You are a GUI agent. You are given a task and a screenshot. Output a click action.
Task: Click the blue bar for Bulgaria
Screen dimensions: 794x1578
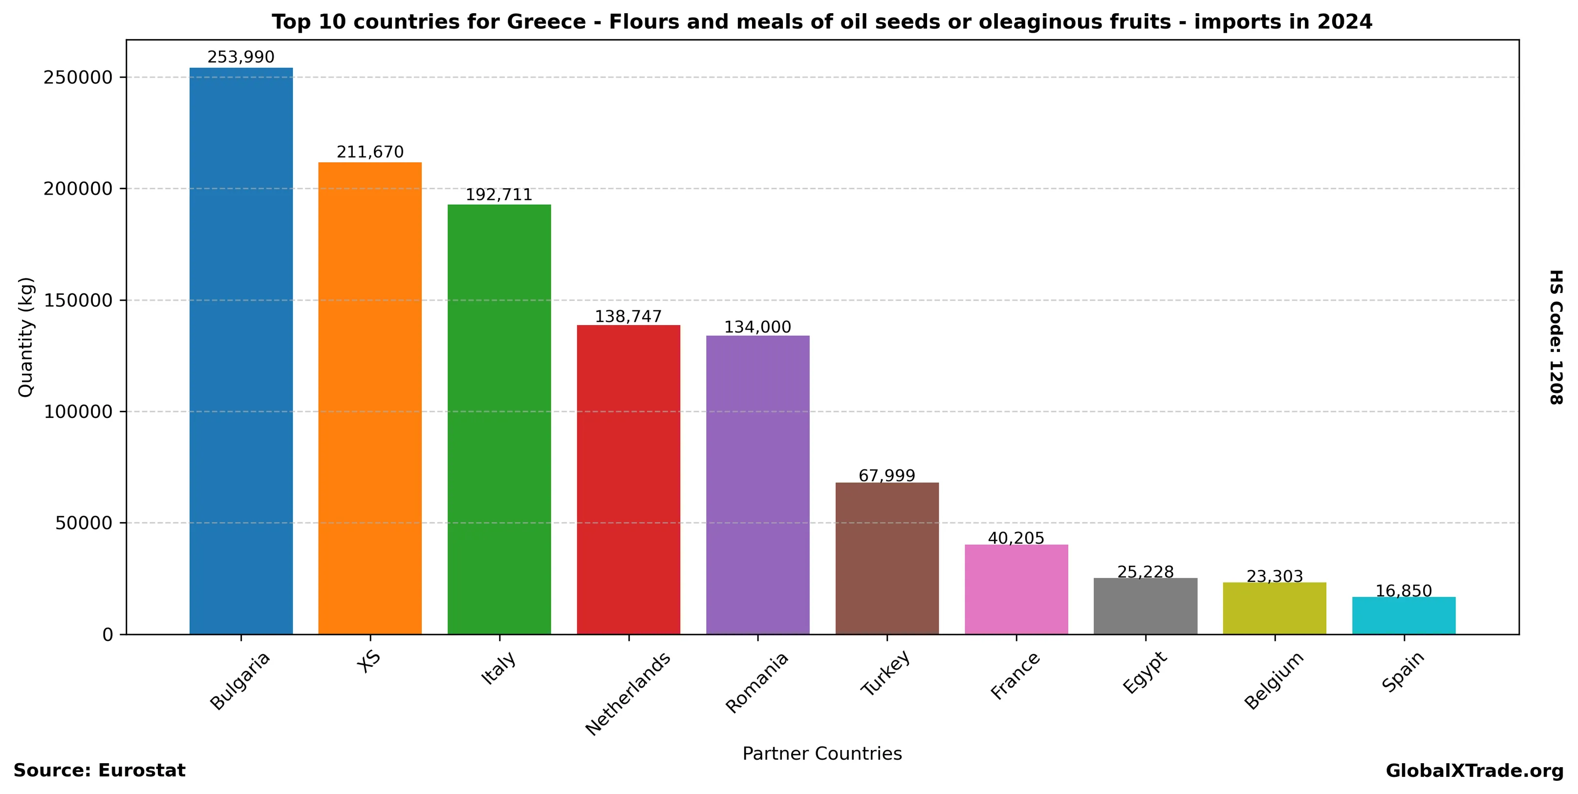coord(241,351)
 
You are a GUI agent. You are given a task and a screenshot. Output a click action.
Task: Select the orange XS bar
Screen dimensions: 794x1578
coord(370,398)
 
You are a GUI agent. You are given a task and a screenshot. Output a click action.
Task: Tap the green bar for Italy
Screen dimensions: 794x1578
coord(499,419)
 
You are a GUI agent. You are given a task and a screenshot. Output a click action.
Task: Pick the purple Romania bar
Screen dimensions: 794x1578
coord(758,485)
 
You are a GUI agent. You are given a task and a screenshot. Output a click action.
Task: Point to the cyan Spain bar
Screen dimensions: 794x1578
coord(1404,616)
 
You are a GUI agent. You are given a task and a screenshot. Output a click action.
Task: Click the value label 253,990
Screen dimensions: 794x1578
coord(241,58)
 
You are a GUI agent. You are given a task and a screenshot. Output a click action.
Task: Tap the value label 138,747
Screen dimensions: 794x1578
coord(628,317)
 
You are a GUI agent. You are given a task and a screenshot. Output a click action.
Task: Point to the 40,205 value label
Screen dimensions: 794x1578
coord(1016,538)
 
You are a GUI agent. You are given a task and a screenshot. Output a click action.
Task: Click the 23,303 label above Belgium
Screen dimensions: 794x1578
coord(1275,576)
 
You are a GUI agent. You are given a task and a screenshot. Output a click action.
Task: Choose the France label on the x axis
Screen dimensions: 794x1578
coord(1016,675)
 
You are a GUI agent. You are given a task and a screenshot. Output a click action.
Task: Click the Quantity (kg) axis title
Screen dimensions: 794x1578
coord(26,337)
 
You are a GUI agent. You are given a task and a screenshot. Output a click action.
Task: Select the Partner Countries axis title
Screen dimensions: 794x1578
coord(822,753)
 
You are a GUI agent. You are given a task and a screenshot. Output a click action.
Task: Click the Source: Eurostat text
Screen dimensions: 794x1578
coord(99,771)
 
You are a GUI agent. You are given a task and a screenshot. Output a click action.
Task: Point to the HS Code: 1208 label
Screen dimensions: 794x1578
coord(1556,337)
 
